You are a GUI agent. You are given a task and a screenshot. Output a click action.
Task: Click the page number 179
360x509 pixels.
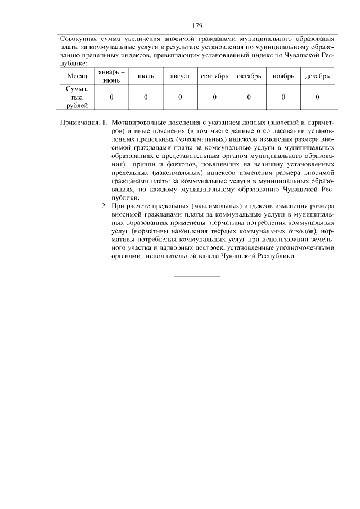click(196, 26)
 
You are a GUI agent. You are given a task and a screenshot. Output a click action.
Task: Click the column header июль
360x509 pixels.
click(146, 76)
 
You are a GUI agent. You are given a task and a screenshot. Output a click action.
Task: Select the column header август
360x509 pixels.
click(180, 76)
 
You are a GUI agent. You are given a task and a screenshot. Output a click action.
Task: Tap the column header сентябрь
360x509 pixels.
click(214, 76)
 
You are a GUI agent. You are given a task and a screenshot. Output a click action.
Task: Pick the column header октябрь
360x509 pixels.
click(249, 76)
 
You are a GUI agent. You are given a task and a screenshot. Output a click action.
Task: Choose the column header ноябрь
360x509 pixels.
click(283, 76)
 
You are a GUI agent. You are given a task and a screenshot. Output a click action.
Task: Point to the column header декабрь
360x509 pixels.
click(317, 76)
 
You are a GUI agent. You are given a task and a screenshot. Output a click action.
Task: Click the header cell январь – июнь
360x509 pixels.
click(111, 76)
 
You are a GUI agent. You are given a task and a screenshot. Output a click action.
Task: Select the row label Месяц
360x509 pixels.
click(77, 76)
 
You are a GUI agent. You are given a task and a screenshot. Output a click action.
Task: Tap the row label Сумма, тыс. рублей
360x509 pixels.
click(77, 97)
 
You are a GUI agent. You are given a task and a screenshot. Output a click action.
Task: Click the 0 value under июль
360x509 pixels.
click(146, 97)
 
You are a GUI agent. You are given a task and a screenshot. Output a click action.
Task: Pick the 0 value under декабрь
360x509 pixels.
click(317, 97)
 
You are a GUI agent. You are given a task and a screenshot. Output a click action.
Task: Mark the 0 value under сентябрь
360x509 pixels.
click(214, 97)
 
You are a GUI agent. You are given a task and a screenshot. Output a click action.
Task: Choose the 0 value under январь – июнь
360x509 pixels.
click(111, 97)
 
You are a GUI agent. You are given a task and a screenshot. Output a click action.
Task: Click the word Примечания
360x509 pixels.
click(79, 122)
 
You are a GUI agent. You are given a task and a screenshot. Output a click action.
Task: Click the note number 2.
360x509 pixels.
click(104, 206)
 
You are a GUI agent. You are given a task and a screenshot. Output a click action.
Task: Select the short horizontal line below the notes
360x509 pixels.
click(197, 276)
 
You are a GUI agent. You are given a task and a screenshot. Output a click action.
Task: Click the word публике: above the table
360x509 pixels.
click(73, 64)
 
